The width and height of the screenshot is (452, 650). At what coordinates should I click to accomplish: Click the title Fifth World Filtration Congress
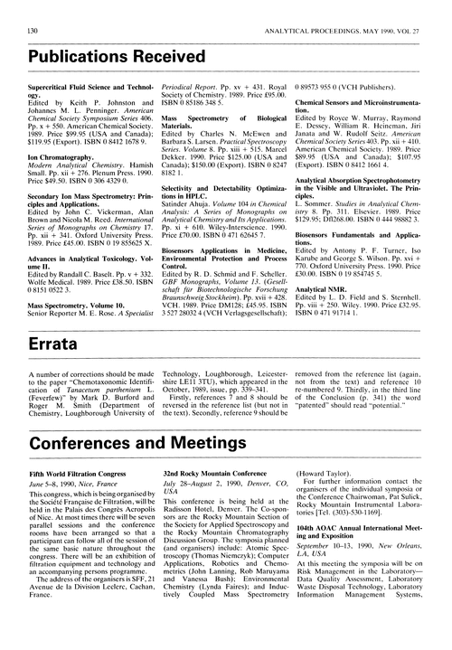pyautogui.click(x=80, y=498)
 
